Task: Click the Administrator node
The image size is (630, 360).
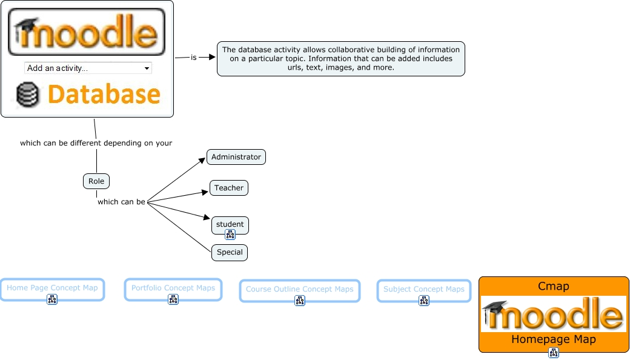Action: click(236, 157)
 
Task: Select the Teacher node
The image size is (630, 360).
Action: click(229, 188)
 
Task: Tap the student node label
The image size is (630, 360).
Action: click(230, 224)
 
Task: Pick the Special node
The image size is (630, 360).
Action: click(230, 252)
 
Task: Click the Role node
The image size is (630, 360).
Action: click(96, 181)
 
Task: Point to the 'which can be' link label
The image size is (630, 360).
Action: click(121, 202)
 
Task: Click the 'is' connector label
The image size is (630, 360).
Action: click(194, 58)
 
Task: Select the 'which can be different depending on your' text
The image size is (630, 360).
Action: click(96, 144)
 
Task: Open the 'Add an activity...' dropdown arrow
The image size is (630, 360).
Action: click(147, 68)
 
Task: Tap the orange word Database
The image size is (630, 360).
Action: click(104, 95)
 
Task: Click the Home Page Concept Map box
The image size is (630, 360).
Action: click(52, 288)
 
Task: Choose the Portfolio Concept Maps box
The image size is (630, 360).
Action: click(173, 288)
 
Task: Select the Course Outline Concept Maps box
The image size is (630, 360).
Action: click(299, 289)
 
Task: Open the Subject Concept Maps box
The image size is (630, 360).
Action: click(423, 289)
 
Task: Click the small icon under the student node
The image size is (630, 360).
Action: click(230, 235)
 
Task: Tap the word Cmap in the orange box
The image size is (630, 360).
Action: click(553, 286)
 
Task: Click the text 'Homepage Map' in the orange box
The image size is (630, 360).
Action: click(553, 339)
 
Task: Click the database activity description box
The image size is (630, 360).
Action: click(340, 58)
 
